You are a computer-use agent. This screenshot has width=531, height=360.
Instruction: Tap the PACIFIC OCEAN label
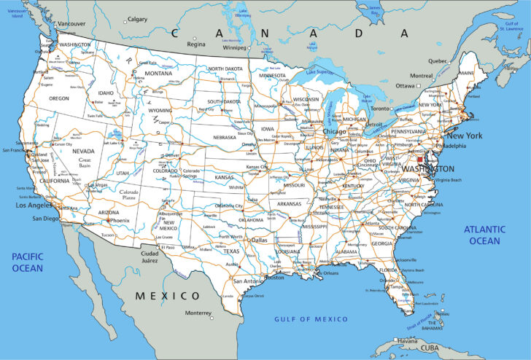click(27, 262)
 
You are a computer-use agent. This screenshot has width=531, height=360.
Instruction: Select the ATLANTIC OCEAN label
click(484, 235)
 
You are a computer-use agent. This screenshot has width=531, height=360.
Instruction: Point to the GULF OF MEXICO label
click(311, 319)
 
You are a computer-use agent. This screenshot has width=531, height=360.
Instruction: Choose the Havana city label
click(408, 341)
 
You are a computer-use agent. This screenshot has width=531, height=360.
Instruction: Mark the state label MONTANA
click(158, 74)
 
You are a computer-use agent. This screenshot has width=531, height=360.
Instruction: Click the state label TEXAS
click(230, 251)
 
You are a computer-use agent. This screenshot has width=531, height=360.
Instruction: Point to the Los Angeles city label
click(34, 206)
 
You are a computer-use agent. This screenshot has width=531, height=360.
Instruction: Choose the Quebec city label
click(437, 60)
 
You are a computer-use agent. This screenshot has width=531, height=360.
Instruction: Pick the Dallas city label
click(260, 239)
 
